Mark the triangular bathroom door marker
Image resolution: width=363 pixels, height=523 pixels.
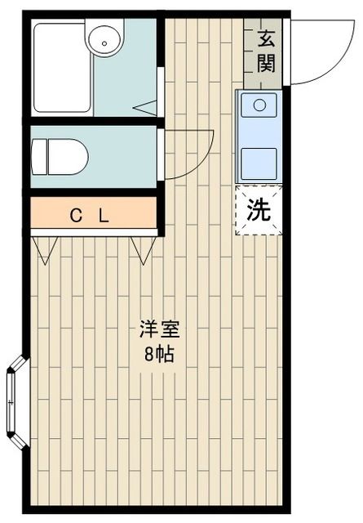[x=145, y=106]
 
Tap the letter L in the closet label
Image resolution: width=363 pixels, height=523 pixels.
[x=104, y=216]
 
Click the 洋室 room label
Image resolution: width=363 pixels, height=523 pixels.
[x=158, y=331]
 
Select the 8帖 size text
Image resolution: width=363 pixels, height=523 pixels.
[x=158, y=355]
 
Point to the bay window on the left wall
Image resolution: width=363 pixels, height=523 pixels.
[x=16, y=400]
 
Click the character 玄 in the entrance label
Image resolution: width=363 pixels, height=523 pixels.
[x=266, y=38]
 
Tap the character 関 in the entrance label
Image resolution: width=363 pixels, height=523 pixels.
[x=266, y=64]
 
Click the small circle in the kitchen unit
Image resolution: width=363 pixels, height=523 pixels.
[x=259, y=104]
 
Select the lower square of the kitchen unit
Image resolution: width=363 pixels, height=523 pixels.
[x=259, y=160]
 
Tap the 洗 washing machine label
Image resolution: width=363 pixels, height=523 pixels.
[x=259, y=211]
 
